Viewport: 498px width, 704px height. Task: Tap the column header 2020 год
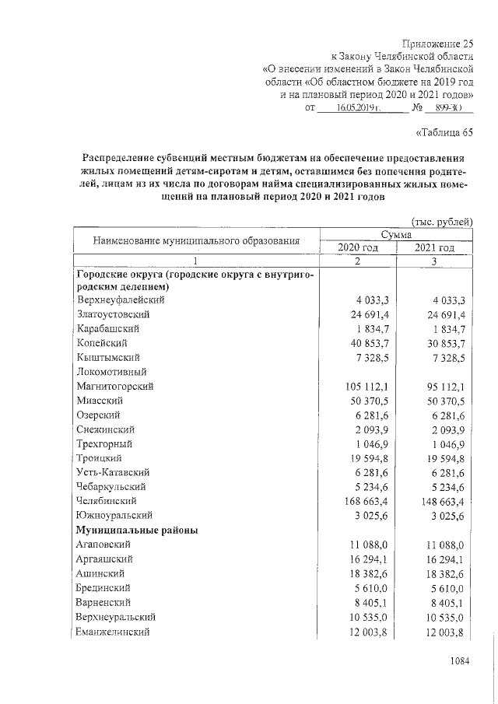click(358, 247)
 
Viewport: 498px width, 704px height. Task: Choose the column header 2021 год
click(434, 247)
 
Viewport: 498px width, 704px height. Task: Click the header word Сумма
click(396, 234)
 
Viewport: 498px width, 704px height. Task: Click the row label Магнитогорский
click(115, 386)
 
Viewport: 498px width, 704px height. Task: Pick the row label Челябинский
click(107, 501)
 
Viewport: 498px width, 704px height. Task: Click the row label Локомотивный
click(112, 372)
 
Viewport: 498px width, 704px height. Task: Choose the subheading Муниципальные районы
click(136, 530)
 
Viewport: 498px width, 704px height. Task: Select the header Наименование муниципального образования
click(196, 241)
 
